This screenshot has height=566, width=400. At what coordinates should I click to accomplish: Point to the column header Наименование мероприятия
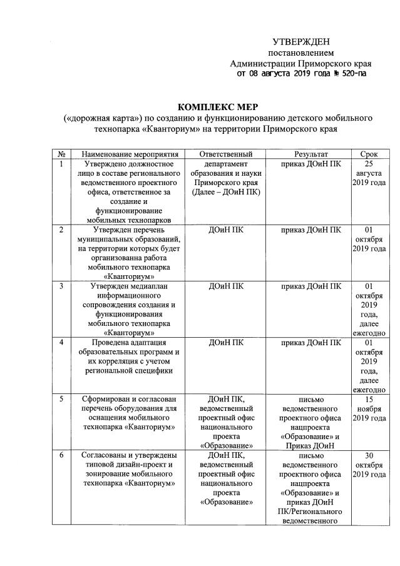pos(126,154)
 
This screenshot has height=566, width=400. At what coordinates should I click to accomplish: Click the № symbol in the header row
pos(62,154)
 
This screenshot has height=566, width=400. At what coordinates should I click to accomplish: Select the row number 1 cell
pos(61,164)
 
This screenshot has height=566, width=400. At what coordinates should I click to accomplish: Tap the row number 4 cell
pos(61,342)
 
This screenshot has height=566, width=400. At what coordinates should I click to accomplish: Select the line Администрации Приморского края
pos(301,64)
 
